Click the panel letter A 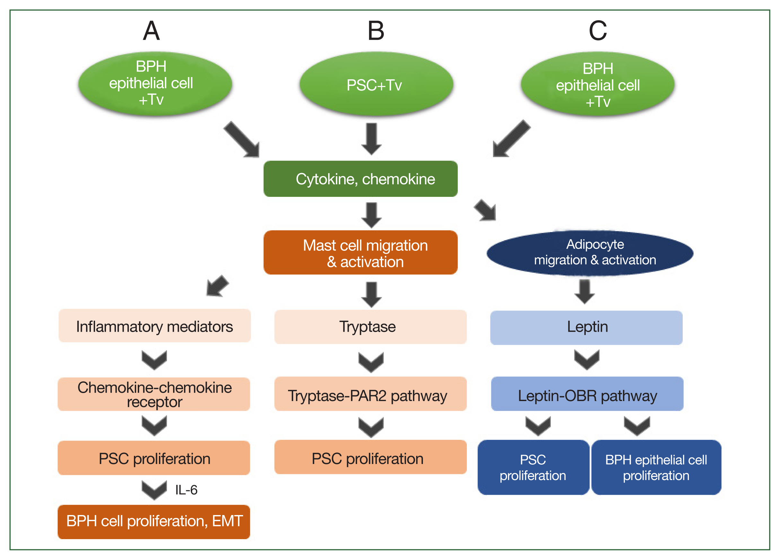point(151,31)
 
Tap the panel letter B point(376,31)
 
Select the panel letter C point(598,31)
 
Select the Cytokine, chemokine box point(360,179)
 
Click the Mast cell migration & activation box point(360,253)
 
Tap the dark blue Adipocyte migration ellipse point(590,253)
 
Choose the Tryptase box point(370,327)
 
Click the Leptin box point(586,328)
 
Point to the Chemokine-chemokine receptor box point(154,394)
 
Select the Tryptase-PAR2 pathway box point(370,394)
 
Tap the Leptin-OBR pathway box point(587,394)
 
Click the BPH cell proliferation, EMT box point(154,521)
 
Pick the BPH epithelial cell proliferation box point(656,467)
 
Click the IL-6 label point(186,490)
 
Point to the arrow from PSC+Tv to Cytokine point(372,139)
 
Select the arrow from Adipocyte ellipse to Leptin point(585,292)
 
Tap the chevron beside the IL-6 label point(154,490)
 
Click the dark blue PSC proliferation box point(533,467)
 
